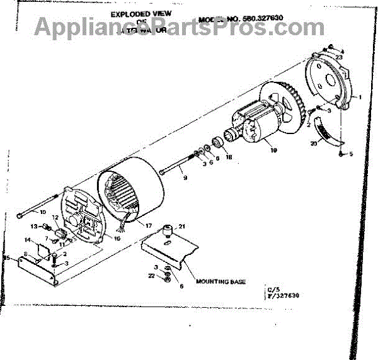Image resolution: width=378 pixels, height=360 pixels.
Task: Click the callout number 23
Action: [x=339, y=57]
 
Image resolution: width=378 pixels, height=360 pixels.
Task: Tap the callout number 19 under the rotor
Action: [x=273, y=150]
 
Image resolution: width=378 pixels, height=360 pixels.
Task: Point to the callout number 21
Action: [x=181, y=227]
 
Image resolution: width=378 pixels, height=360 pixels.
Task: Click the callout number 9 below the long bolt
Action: [x=185, y=178]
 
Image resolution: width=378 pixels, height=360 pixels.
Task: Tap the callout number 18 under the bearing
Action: [x=229, y=158]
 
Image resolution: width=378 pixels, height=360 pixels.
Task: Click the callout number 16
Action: [x=117, y=238]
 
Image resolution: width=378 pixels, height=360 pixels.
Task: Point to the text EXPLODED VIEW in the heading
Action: [x=140, y=14]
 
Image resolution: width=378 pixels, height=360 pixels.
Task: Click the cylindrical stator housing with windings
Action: [x=132, y=189]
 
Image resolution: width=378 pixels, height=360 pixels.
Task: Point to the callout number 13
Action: [x=35, y=227]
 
